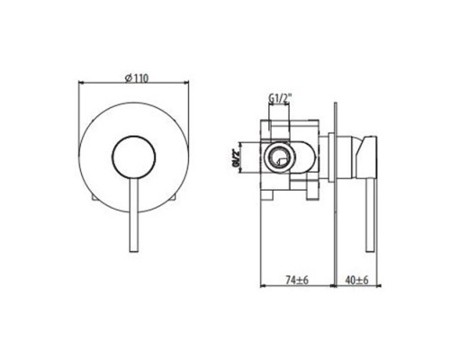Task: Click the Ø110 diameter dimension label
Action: click(137, 78)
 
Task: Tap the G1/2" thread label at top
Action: click(280, 98)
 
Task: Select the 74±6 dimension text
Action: click(297, 280)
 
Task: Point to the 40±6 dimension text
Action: click(357, 280)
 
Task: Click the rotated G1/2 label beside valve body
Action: click(237, 157)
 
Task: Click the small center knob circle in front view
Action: click(134, 156)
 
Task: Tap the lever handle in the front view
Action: click(133, 214)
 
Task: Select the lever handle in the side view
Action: click(370, 215)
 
